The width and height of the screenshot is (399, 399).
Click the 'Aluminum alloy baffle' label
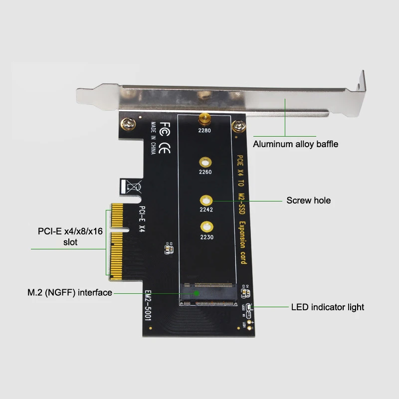(295, 144)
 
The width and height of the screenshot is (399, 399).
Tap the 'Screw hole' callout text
(308, 200)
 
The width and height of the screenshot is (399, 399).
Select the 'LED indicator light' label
(328, 307)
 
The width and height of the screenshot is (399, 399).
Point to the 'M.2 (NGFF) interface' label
(69, 293)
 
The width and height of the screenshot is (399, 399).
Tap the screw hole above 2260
(205, 162)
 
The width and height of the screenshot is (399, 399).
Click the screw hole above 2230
(205, 226)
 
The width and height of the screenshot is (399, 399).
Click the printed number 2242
(205, 209)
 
